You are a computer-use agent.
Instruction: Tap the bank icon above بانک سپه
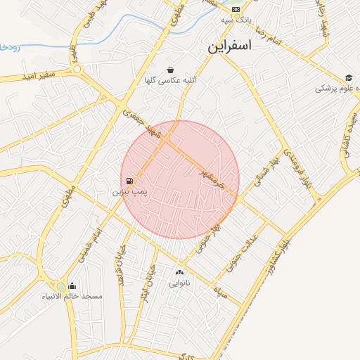[x=236, y=8]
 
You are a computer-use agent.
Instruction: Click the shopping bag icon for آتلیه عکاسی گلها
[x=171, y=70]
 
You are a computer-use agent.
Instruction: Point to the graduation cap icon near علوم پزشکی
[x=349, y=78]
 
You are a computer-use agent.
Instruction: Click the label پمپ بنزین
[x=130, y=191]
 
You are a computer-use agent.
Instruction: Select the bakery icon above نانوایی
[x=179, y=272]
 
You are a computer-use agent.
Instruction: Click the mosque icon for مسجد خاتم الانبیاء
[x=72, y=285]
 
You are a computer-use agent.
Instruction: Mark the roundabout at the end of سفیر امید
[x=76, y=70]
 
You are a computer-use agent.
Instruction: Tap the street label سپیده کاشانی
[x=349, y=136]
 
